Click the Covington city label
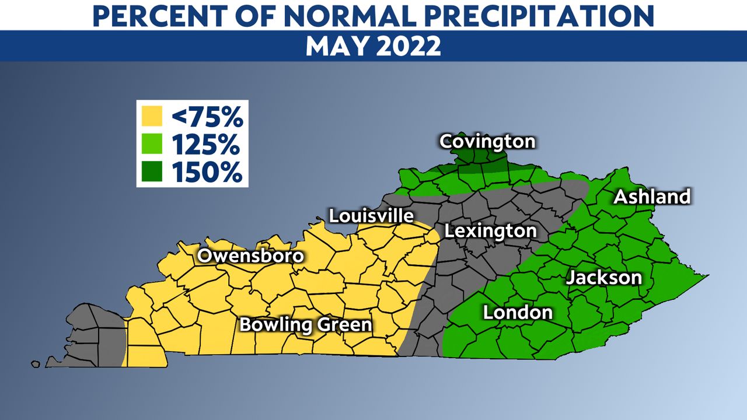tap(487, 141)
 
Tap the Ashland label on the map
tap(652, 197)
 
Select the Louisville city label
tap(371, 215)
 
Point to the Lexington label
tap(490, 230)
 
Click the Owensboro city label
tap(250, 256)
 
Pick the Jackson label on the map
tap(603, 277)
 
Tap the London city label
tap(518, 312)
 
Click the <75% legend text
tap(207, 118)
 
